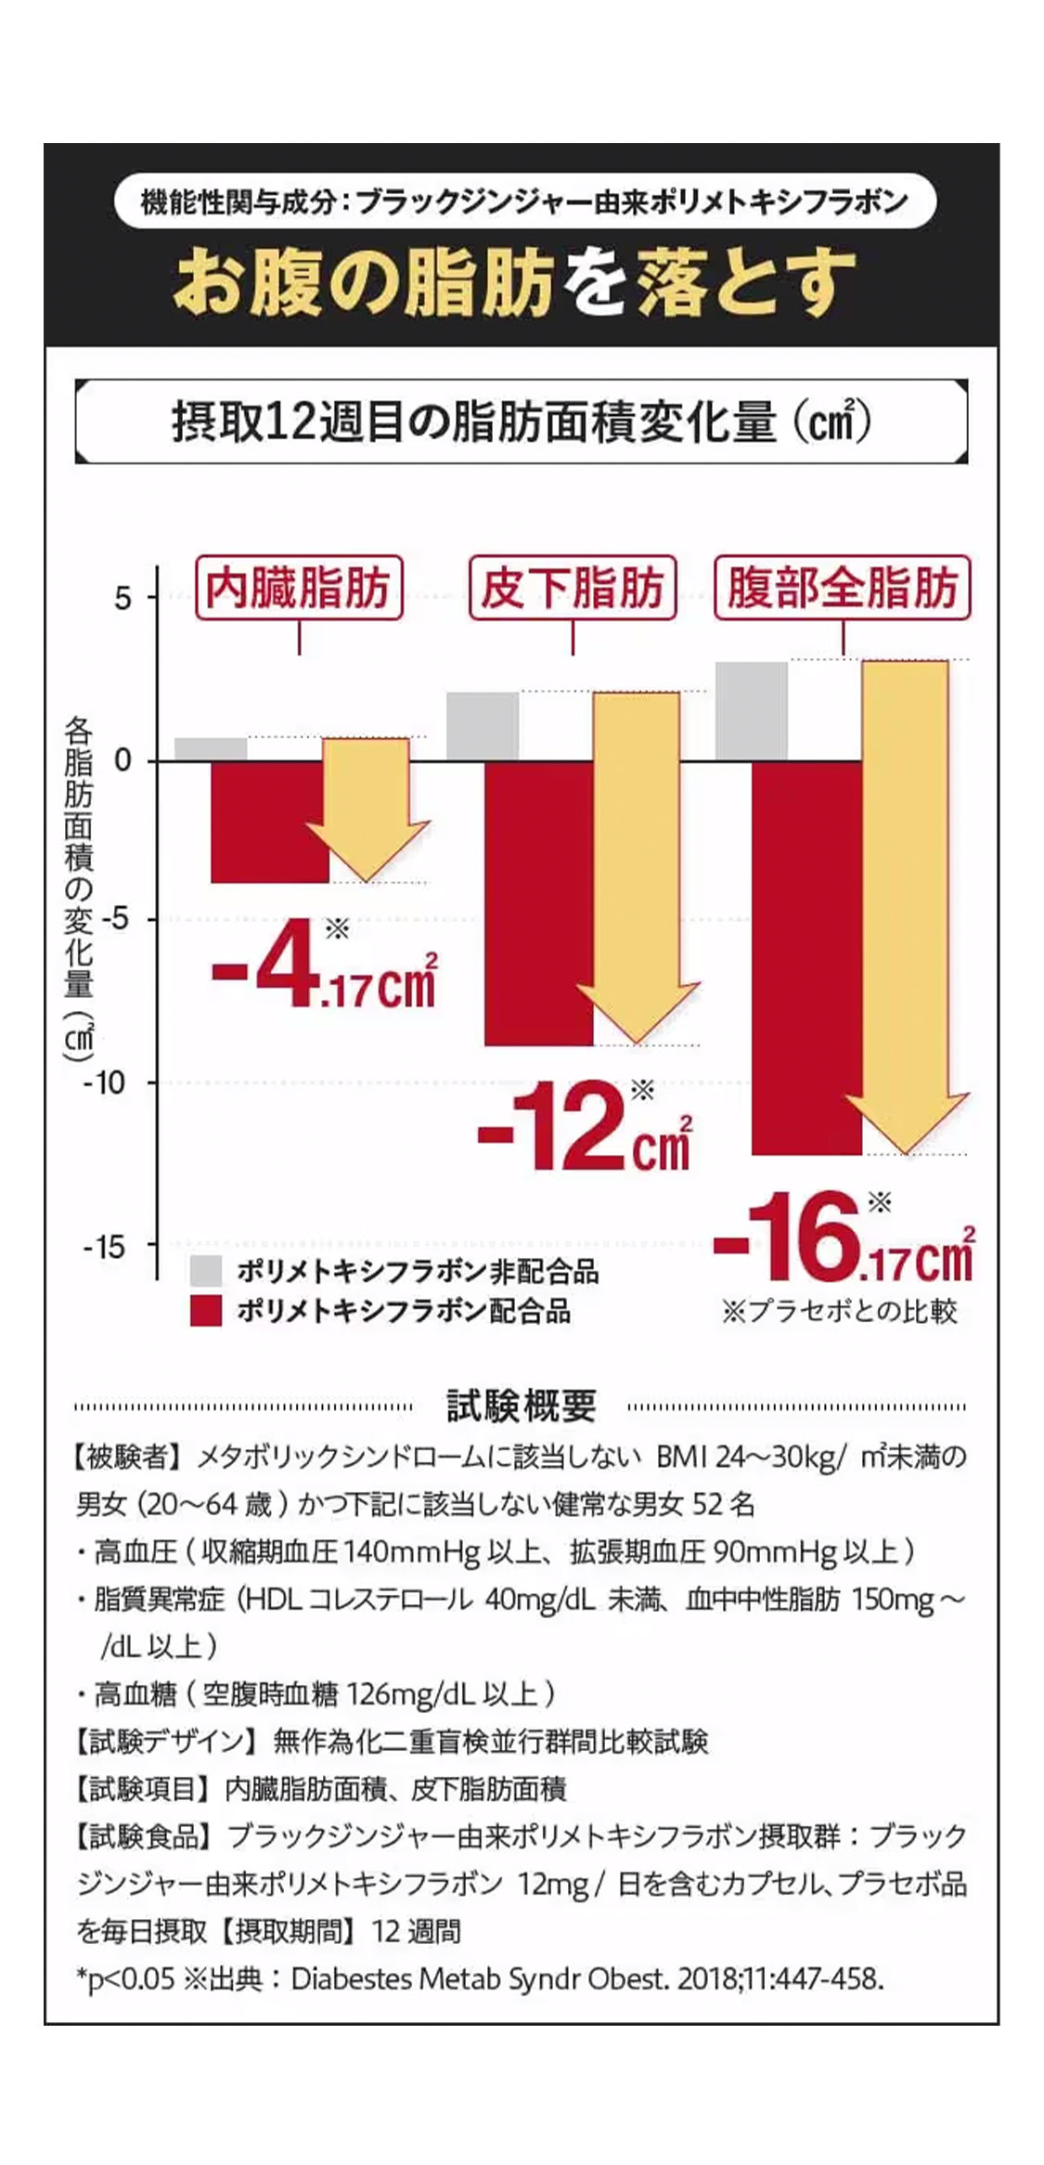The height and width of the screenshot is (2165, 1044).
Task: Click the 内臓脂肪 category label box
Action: click(x=299, y=588)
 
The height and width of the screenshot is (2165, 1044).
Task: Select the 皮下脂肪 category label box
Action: click(x=572, y=588)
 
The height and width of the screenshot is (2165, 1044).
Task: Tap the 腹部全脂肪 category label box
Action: click(x=842, y=588)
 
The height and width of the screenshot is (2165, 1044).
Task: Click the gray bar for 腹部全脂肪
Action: click(x=752, y=711)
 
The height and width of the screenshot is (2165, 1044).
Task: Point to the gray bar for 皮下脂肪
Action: click(x=483, y=726)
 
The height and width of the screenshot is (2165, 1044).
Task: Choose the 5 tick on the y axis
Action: click(x=122, y=599)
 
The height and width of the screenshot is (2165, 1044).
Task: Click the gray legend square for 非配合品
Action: click(x=206, y=1270)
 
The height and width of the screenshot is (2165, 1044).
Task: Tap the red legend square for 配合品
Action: click(x=206, y=1311)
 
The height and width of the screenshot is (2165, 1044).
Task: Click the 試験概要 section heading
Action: click(x=521, y=1407)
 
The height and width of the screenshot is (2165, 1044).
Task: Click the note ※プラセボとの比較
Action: click(x=839, y=1311)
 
